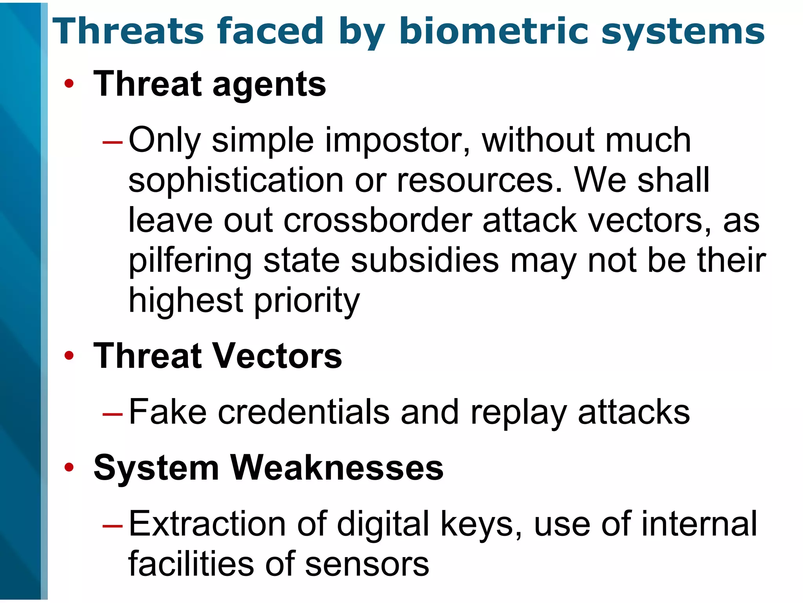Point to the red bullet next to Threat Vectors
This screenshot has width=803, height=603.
(69, 355)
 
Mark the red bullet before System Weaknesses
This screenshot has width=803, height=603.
(69, 467)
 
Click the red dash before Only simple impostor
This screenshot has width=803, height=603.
(113, 142)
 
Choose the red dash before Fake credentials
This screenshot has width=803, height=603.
(113, 414)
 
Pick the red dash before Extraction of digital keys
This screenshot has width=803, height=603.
(113, 526)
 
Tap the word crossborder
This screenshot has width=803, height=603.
(378, 221)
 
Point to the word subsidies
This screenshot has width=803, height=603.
(425, 261)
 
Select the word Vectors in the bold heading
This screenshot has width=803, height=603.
(277, 356)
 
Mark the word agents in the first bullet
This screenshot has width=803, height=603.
(269, 85)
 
